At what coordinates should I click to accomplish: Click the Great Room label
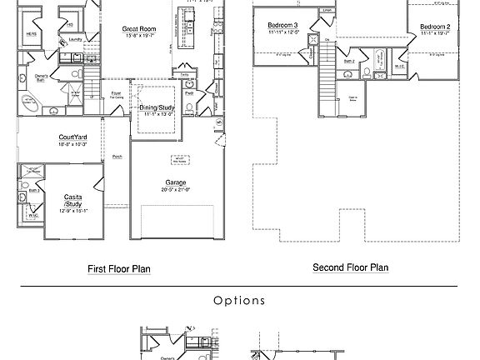[140, 29]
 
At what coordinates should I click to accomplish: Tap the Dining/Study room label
[157, 107]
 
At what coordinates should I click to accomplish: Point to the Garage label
[176, 182]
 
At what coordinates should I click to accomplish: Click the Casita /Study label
[72, 202]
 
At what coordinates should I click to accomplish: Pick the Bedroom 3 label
[283, 26]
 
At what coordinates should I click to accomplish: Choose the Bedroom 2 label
[435, 27]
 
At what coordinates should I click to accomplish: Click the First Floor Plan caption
[119, 269]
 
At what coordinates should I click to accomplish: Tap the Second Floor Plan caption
[350, 267]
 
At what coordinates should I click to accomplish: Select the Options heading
[239, 301]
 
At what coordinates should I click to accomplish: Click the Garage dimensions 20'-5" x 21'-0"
[176, 190]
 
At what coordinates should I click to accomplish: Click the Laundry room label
[74, 39]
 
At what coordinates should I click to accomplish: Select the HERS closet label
[31, 34]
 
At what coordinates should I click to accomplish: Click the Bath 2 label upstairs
[349, 62]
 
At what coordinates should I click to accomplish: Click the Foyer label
[116, 92]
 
